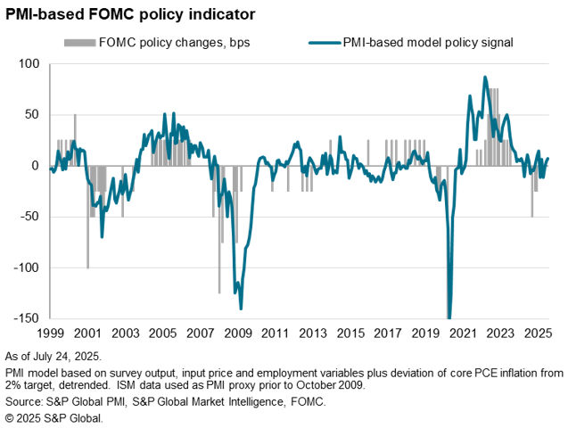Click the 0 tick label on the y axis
(x=37, y=166)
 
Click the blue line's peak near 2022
(x=485, y=77)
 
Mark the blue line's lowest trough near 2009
(x=241, y=309)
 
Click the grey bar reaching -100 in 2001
(x=87, y=217)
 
